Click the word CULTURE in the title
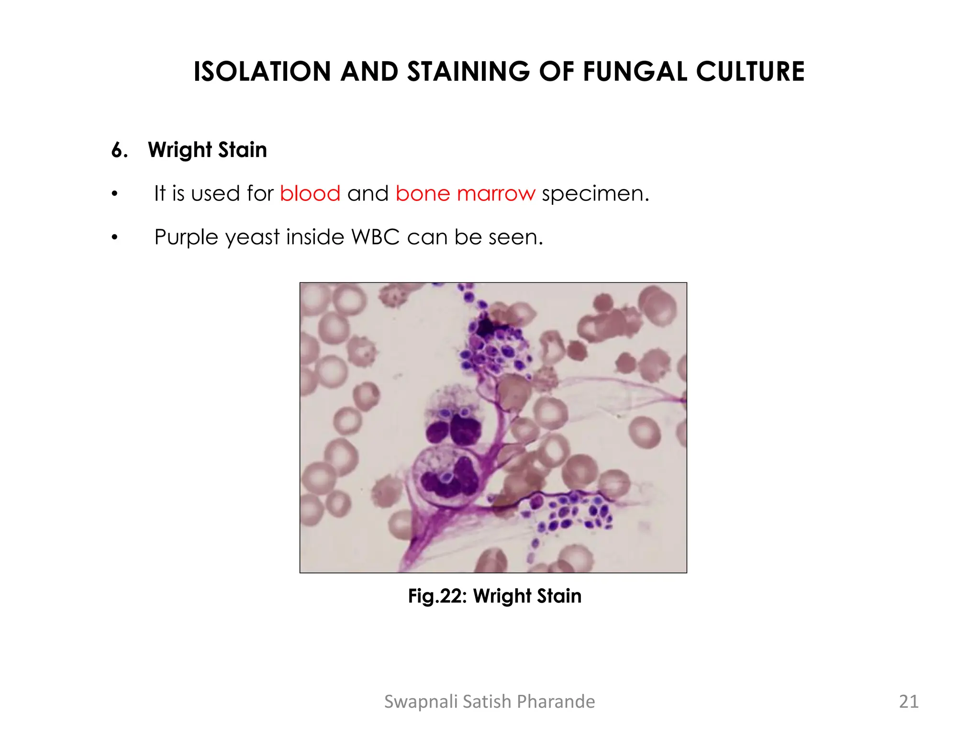750,72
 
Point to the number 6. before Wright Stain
120,150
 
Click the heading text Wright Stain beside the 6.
207,150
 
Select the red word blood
310,194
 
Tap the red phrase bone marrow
465,194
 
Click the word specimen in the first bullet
595,194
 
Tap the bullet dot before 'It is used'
114,194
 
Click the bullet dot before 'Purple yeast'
114,237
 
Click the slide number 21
909,702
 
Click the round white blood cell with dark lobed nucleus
445,476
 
